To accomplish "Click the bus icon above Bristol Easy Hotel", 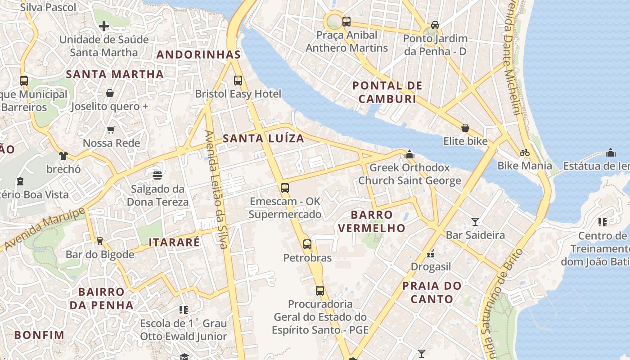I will click(238, 81).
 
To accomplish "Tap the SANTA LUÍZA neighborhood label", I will click(264, 139).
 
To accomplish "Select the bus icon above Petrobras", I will click(307, 244).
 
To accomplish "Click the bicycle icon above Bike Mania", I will click(524, 153).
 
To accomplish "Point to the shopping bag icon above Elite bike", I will click(465, 128).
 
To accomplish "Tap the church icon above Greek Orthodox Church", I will click(409, 154).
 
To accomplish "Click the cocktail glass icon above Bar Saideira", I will click(475, 221).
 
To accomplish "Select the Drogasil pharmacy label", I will click(431, 267).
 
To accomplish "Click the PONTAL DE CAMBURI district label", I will click(387, 92).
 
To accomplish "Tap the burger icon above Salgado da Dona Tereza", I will click(157, 175).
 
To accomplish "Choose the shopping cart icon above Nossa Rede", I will click(111, 130).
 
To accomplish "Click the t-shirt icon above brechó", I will click(63, 156).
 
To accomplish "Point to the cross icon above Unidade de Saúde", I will click(104, 26).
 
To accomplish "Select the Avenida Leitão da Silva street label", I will click(216, 189).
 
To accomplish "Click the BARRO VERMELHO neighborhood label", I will click(372, 221).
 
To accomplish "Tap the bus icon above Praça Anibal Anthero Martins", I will click(346, 21).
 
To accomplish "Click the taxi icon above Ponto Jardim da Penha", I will click(435, 25).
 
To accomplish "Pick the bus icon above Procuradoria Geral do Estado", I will click(320, 291).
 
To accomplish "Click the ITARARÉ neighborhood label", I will click(174, 242).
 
